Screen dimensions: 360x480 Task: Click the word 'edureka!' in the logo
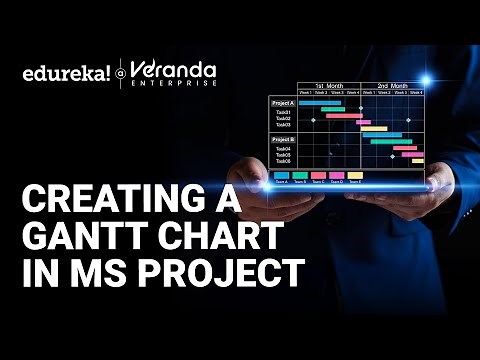[x=63, y=72]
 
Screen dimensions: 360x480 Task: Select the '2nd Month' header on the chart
[x=393, y=87]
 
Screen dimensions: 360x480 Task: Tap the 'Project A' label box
[x=283, y=102]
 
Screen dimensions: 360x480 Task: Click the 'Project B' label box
[x=283, y=139]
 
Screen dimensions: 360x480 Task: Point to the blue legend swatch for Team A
[x=282, y=175]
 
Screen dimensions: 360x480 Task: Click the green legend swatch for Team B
[x=301, y=175]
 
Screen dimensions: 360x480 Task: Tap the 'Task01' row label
[x=284, y=112]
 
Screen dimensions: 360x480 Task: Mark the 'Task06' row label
[x=284, y=161]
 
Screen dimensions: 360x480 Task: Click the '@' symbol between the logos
[x=121, y=73]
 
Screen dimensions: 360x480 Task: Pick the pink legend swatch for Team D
[x=338, y=175]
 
